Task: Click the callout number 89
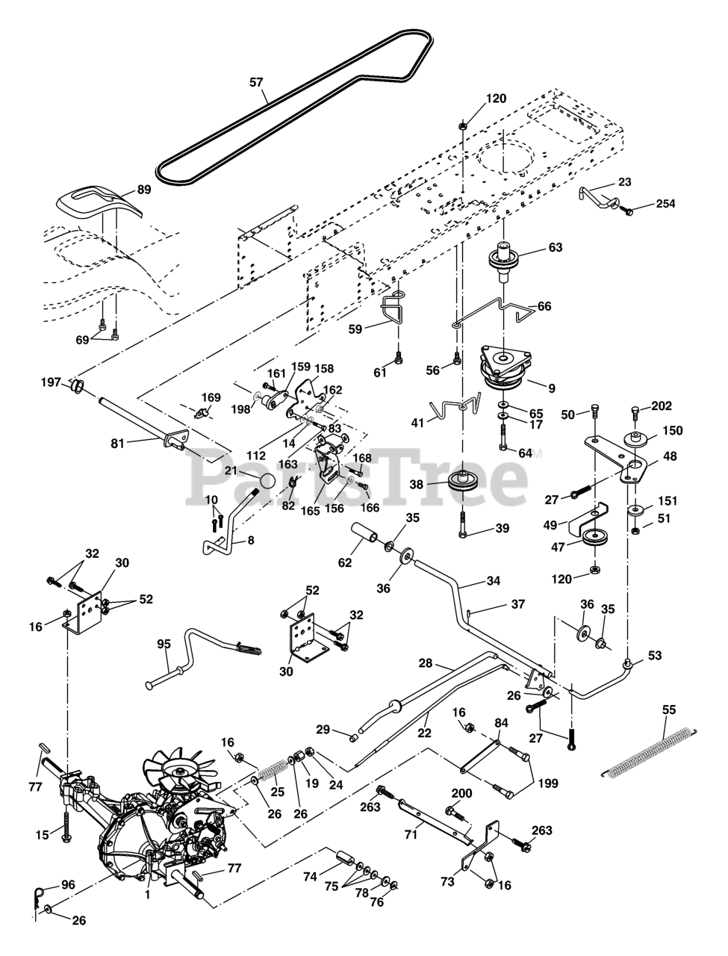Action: point(144,190)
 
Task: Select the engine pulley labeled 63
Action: point(505,261)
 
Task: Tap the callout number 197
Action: point(51,382)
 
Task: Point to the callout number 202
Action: point(662,406)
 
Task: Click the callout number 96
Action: point(68,885)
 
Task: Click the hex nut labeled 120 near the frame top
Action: point(463,126)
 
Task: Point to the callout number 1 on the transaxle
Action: point(148,894)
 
